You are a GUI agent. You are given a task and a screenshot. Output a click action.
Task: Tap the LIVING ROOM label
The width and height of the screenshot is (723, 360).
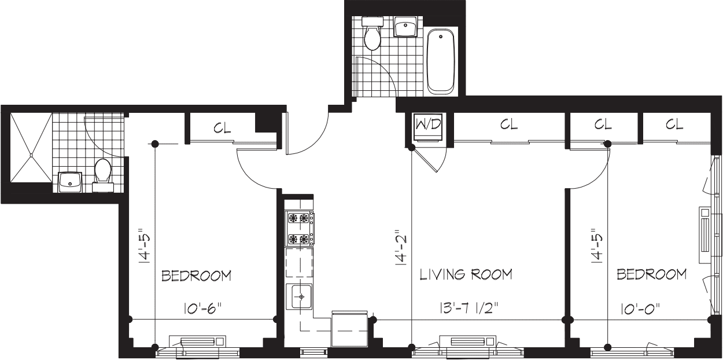coord(466,274)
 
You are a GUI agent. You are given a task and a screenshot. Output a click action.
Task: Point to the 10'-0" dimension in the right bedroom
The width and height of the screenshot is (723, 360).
coord(638,308)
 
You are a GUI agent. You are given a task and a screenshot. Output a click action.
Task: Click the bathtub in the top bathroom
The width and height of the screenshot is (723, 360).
coord(441,62)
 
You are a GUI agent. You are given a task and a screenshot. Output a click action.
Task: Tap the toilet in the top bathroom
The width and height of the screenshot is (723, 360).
coord(372,35)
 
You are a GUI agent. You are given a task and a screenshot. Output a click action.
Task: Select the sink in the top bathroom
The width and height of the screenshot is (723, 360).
coord(407,27)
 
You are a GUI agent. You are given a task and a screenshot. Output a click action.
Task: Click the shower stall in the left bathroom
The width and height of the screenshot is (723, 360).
coord(31,147)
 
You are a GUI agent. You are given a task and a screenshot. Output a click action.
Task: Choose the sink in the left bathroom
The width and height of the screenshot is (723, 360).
coord(70,182)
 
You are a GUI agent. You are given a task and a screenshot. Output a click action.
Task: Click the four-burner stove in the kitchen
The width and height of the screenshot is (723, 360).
coord(300,229)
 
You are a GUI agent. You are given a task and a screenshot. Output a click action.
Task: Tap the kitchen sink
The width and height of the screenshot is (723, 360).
coord(301,298)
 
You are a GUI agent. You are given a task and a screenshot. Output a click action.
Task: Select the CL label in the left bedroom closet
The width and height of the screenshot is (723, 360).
coord(222,128)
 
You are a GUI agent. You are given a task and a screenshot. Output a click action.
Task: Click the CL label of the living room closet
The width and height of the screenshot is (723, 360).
coord(508,124)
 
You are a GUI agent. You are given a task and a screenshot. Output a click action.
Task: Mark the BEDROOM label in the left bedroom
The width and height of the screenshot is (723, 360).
coord(197,275)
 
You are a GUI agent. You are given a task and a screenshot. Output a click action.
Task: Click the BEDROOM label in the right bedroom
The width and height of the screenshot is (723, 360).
coord(652,274)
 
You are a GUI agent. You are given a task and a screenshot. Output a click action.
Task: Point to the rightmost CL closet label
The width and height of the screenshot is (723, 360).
coord(674,124)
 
